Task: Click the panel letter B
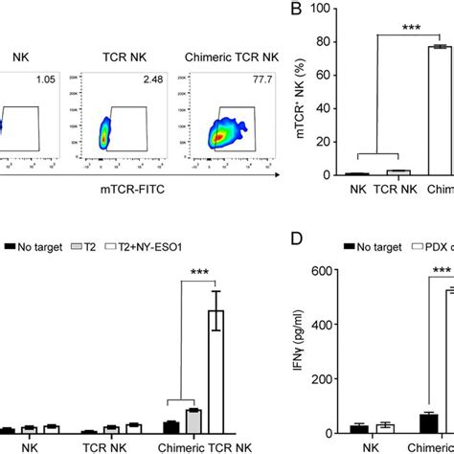click(x=311, y=12)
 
